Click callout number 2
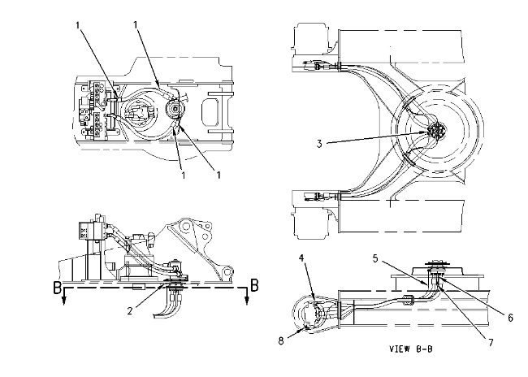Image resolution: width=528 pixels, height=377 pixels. [130, 310]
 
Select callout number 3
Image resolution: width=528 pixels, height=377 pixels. [319, 144]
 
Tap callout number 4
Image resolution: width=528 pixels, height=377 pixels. [301, 258]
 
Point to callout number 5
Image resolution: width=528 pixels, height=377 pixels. [375, 258]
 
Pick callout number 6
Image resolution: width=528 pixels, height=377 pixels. [510, 318]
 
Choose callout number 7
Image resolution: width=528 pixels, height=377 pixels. [491, 343]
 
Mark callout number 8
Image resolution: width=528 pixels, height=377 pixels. [281, 340]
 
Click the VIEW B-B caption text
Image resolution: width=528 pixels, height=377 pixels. [410, 349]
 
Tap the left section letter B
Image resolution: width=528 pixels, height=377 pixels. [58, 288]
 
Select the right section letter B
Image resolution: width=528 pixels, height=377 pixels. [254, 285]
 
